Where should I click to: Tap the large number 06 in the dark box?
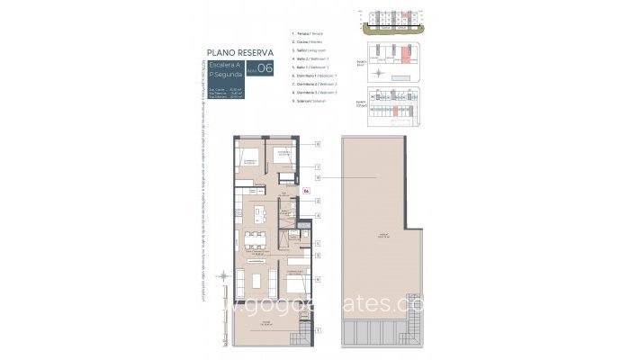(265, 76)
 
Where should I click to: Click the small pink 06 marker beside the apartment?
(306, 191)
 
